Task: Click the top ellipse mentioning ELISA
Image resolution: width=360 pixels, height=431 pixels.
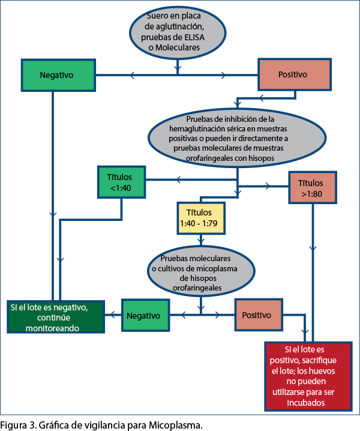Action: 178,32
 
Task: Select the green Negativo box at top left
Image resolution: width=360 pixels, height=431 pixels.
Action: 58,75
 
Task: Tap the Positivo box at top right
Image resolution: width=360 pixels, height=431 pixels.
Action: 295,74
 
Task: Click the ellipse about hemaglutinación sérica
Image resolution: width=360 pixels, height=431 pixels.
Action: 237,137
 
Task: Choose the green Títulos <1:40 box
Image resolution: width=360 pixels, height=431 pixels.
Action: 121,182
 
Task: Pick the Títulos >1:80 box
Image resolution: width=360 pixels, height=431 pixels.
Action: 313,187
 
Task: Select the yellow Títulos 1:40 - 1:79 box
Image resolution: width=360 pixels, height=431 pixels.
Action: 201,219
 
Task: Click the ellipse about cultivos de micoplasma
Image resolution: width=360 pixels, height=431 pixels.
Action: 201,271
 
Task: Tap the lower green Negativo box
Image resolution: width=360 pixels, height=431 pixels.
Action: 146,315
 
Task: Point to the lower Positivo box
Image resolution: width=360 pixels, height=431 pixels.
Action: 259,315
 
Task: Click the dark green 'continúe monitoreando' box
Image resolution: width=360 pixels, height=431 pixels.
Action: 56,317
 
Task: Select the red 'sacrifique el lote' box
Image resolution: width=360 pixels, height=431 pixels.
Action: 308,376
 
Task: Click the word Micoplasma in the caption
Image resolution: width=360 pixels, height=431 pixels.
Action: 176,425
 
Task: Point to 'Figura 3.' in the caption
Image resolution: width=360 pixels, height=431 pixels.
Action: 17,425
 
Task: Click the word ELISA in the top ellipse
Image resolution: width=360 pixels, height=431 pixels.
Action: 194,37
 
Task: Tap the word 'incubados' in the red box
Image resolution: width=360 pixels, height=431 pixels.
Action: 306,403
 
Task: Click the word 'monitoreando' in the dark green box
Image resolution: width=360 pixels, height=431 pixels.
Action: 52,328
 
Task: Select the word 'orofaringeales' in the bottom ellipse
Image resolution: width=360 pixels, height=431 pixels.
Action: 197,288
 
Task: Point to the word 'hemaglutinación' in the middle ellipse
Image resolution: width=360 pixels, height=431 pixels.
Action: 197,128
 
